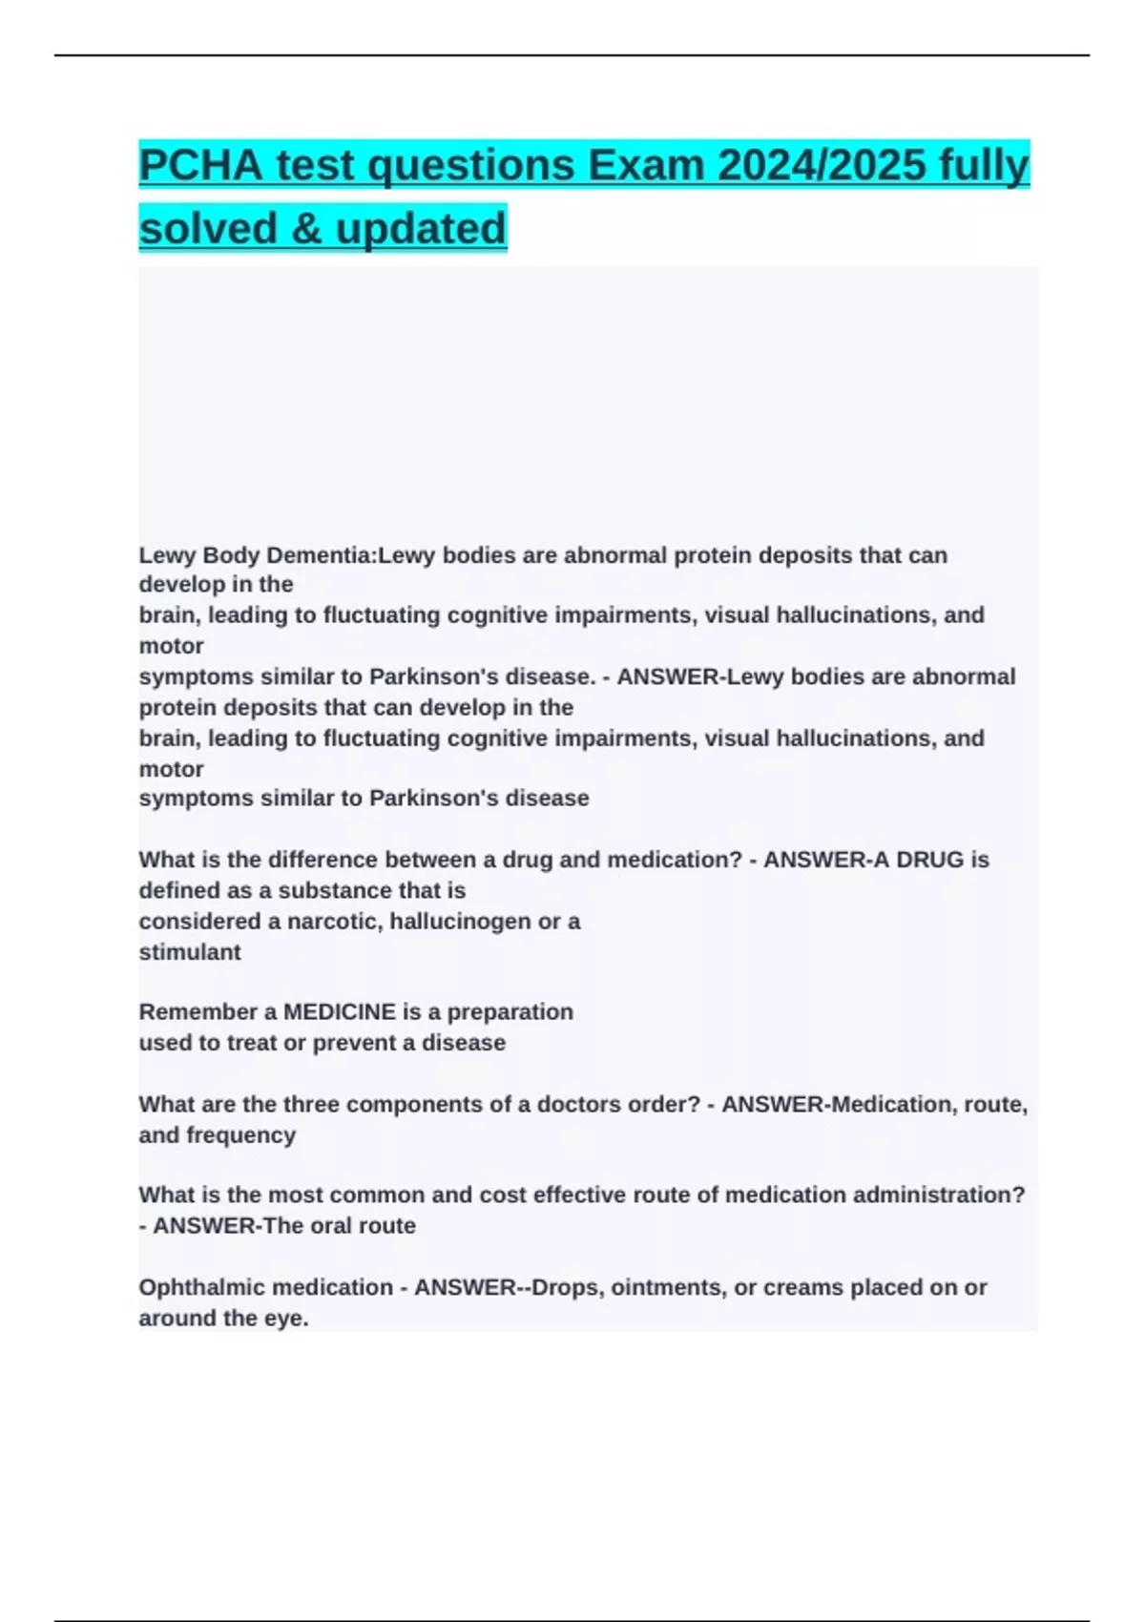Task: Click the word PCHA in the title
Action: point(200,165)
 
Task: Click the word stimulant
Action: point(190,952)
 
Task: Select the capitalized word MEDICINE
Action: point(339,1012)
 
